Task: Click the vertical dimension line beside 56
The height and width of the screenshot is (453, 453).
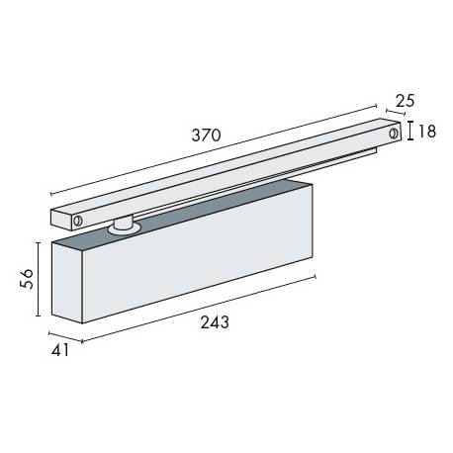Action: [39, 278]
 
